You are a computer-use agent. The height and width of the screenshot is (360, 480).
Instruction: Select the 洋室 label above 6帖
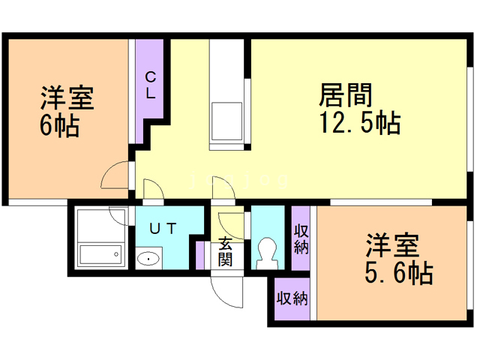click(x=65, y=98)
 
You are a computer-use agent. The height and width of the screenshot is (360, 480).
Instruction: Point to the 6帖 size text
click(x=59, y=124)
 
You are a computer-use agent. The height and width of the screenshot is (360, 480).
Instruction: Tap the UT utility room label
click(x=163, y=229)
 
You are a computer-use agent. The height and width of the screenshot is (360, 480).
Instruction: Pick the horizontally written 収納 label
click(x=292, y=298)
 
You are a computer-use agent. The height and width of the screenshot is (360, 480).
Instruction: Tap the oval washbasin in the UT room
click(x=149, y=259)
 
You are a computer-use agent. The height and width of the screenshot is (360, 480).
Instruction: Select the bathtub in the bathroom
click(x=100, y=256)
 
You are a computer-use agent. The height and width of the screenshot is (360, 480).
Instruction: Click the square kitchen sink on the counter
click(x=225, y=117)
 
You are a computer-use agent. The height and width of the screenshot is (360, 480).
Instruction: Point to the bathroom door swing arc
click(x=118, y=215)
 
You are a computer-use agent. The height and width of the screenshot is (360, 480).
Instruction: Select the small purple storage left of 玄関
click(x=199, y=253)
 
